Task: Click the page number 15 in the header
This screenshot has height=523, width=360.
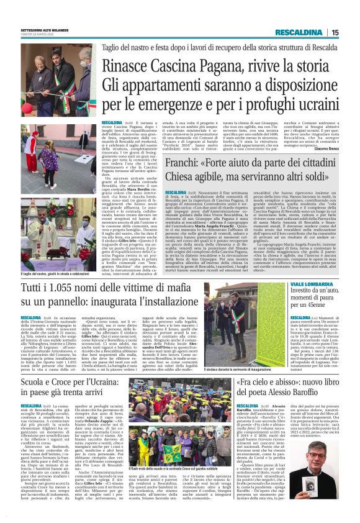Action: pos(334,33)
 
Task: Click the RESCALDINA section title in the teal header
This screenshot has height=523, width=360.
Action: pos(297,33)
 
